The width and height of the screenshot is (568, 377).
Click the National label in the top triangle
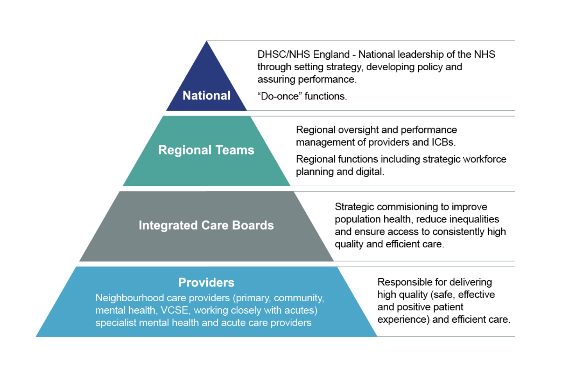click(x=206, y=96)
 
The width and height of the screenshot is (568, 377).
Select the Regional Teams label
click(x=206, y=150)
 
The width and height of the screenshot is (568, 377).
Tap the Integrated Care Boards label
click(x=206, y=225)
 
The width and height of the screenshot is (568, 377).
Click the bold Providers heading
click(x=206, y=282)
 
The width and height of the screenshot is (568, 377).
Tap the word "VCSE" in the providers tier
click(x=175, y=310)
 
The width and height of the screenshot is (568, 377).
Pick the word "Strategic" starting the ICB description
click(x=354, y=207)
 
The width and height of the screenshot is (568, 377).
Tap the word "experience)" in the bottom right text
click(x=404, y=320)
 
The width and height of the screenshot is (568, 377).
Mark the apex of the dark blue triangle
click(x=206, y=41)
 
